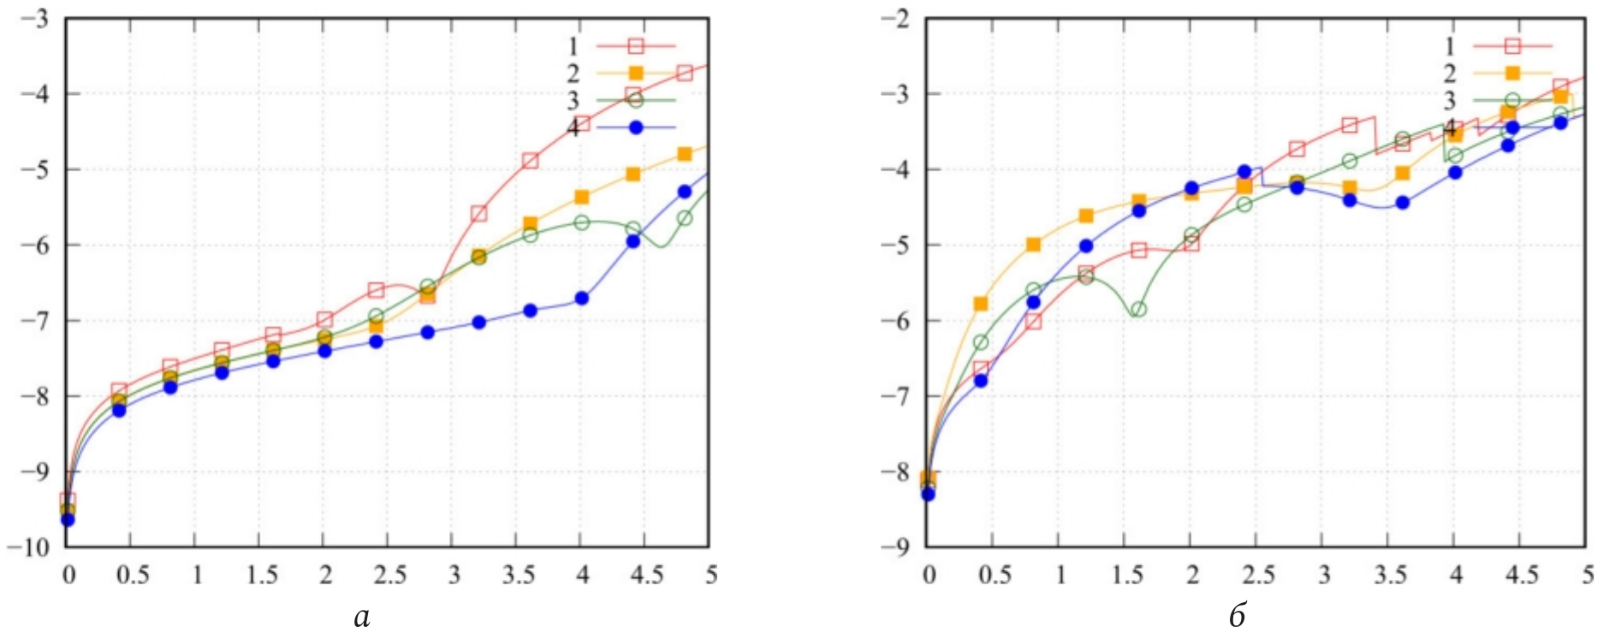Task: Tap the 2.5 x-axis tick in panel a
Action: [389, 574]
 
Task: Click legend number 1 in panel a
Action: [573, 46]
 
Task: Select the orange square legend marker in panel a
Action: [636, 74]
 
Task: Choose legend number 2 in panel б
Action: [1449, 74]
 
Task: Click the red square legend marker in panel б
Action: [1512, 46]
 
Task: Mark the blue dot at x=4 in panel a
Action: [582, 299]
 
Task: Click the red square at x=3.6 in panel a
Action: [530, 161]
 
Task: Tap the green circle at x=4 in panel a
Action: [582, 222]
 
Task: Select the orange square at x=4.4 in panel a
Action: [633, 175]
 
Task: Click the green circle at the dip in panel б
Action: [1138, 310]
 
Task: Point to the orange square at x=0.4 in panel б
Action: [981, 304]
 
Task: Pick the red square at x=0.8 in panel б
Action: [1033, 322]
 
